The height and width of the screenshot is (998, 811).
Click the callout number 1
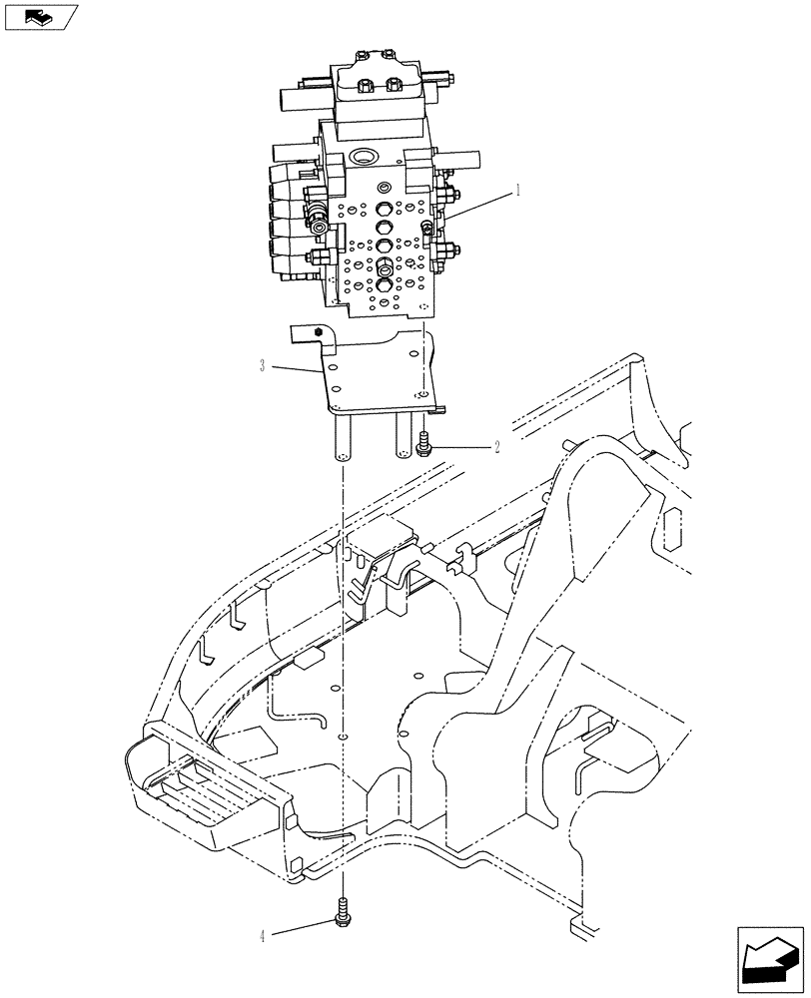[517, 190]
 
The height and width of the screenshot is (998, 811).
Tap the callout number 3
[262, 366]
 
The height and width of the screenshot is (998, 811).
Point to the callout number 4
[263, 936]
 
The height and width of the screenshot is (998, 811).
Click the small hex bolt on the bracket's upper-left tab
[318, 332]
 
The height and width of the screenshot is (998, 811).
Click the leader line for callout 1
[479, 205]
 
